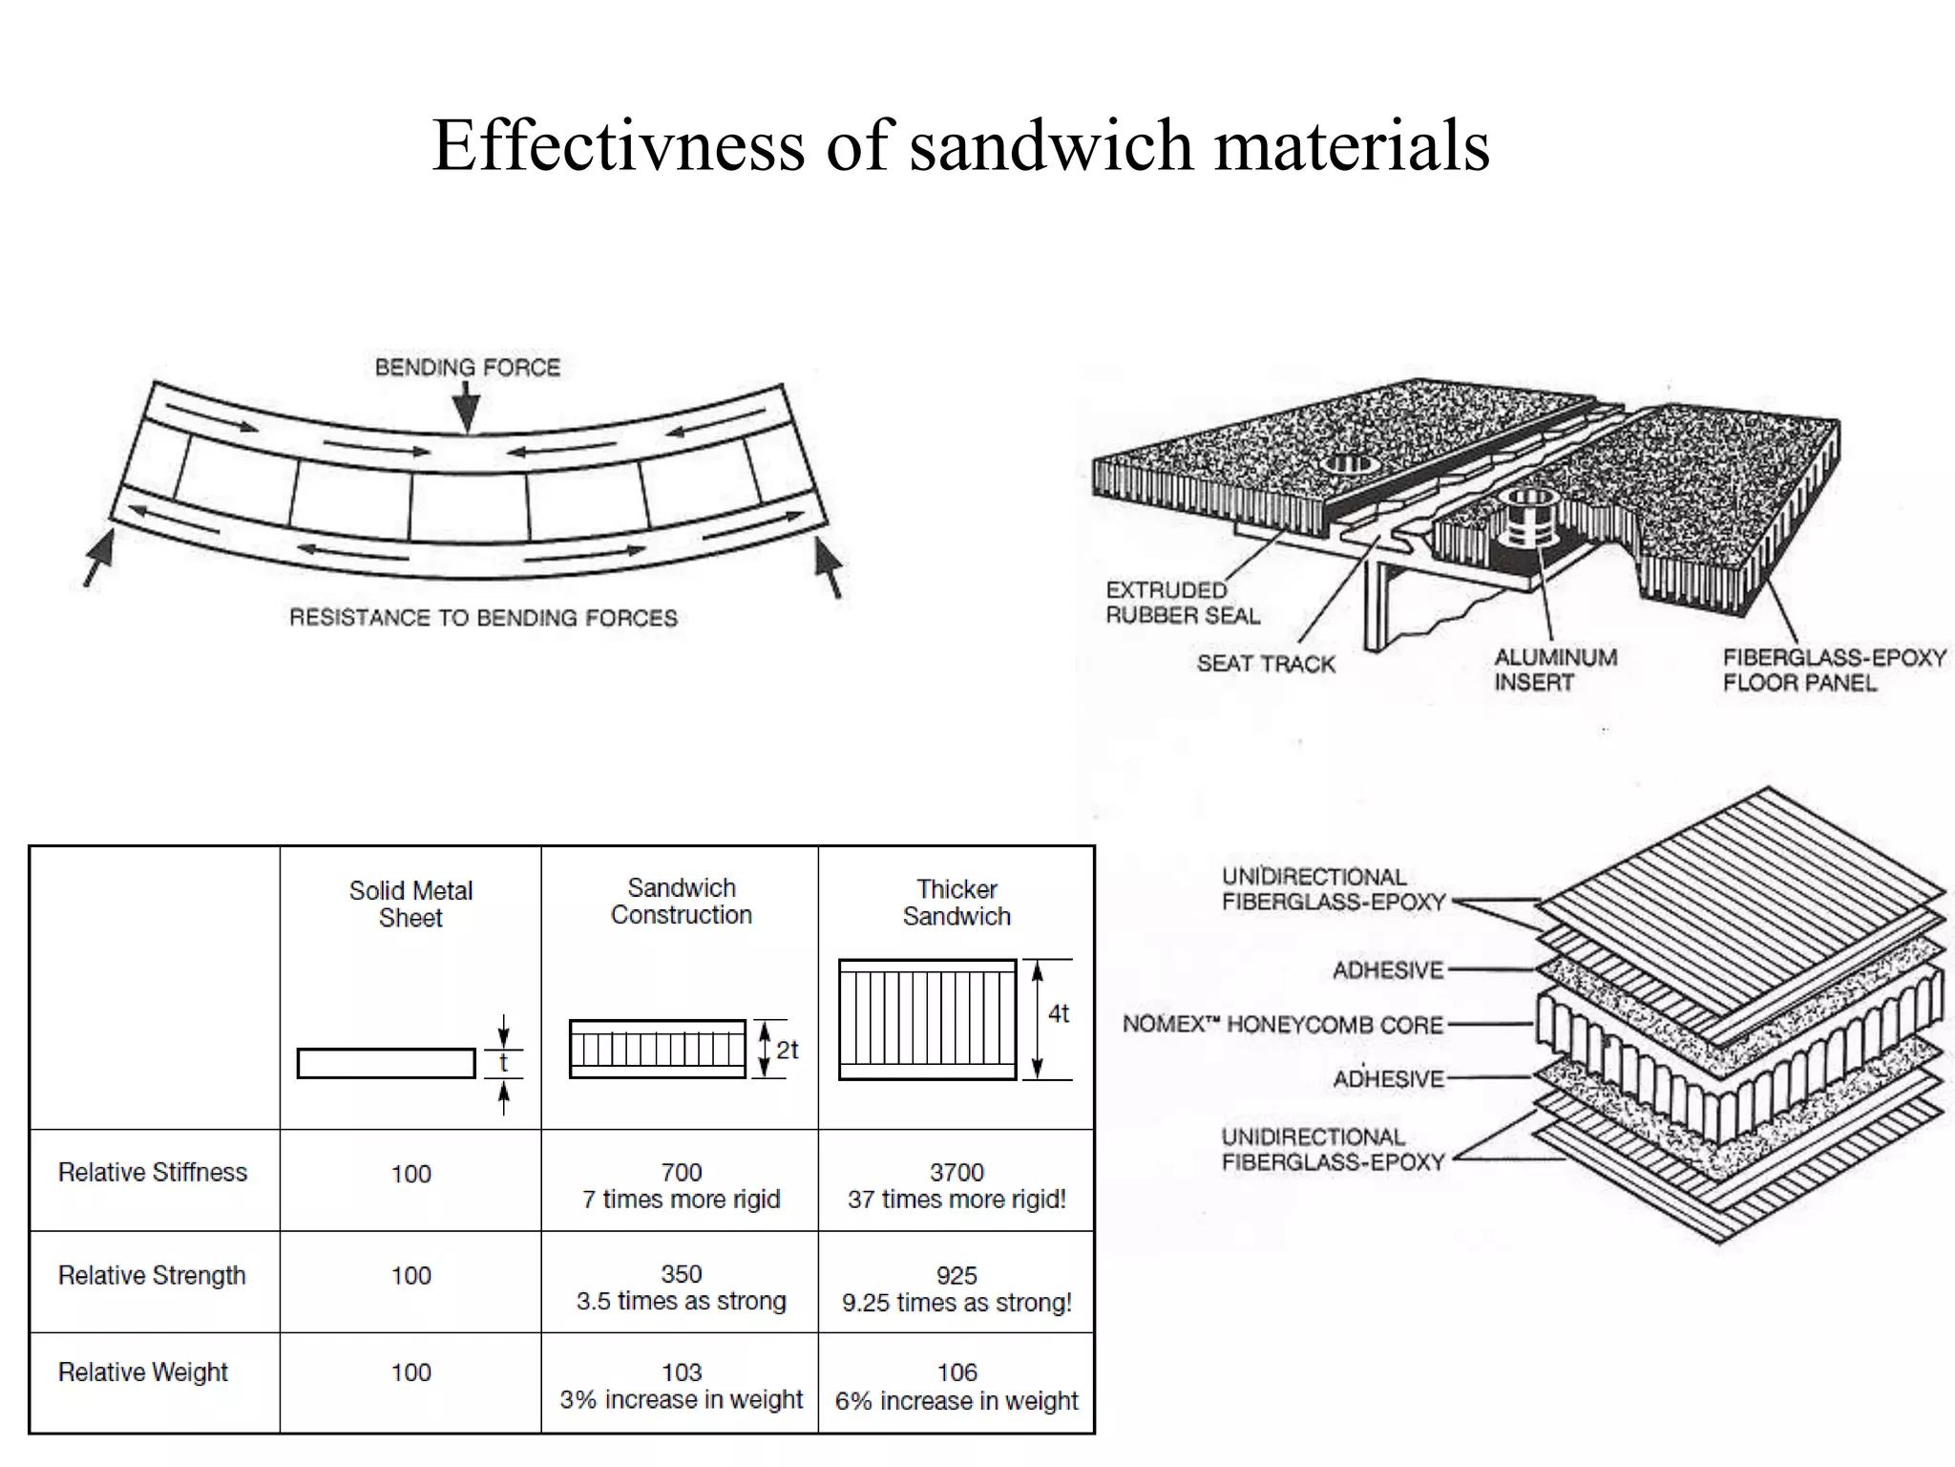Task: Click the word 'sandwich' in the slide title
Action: coord(1051,145)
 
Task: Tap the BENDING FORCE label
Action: coord(467,368)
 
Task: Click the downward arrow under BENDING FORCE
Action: coord(466,410)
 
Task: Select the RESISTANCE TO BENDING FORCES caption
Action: coord(483,618)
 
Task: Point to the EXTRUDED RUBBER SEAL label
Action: coord(1182,603)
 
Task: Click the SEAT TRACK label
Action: coord(1266,664)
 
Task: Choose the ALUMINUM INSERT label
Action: coord(1555,670)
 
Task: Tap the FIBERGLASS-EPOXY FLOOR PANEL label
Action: coord(1834,670)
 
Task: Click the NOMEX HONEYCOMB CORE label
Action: coord(1282,1025)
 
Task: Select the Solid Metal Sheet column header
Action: coord(410,904)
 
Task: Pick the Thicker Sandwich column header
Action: coord(956,903)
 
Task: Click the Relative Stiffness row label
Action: coord(153,1172)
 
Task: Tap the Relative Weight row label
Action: coord(143,1372)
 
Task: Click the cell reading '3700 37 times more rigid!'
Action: coord(956,1185)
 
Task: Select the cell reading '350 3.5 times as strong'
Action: coord(681,1287)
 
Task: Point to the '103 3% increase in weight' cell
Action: coord(681,1386)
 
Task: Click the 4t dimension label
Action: coord(1059,1013)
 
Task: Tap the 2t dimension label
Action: coord(787,1051)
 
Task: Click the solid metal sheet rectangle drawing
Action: coord(386,1063)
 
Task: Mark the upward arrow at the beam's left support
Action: coord(97,558)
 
